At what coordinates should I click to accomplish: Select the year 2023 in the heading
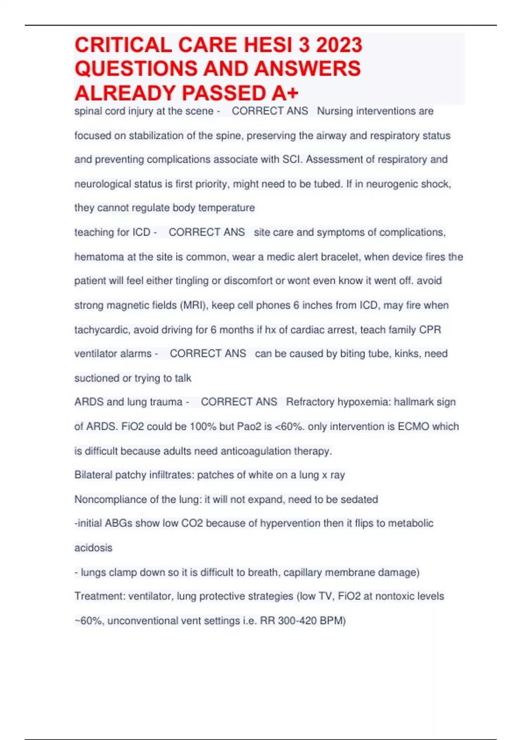click(339, 45)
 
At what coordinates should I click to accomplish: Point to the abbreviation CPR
click(430, 330)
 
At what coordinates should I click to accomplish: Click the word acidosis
click(93, 548)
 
